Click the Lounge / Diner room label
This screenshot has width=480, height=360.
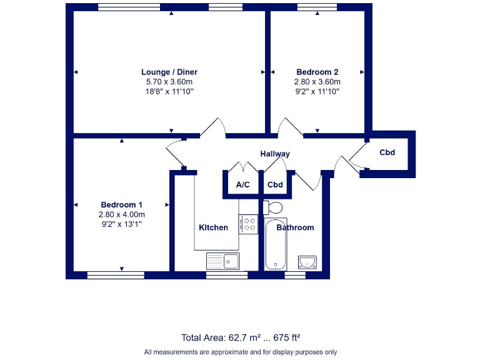[169, 72]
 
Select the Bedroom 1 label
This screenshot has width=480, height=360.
[122, 205]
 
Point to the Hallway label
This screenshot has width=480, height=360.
[275, 154]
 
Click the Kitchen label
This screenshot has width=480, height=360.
[214, 227]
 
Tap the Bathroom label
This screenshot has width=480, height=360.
[295, 227]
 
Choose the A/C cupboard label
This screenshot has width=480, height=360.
[243, 185]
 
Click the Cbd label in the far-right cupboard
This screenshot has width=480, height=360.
[387, 152]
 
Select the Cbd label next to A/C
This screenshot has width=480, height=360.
[275, 185]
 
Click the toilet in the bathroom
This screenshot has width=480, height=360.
[273, 207]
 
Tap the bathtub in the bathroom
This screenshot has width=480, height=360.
[275, 245]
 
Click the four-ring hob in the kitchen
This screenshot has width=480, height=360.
[249, 224]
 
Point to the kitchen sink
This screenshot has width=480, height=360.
[223, 261]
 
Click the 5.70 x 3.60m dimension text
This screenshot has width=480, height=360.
[169, 82]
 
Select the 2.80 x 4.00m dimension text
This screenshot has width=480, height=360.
[122, 214]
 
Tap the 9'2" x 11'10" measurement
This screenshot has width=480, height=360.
[317, 91]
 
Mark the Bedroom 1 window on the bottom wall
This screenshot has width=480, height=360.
[115, 274]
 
